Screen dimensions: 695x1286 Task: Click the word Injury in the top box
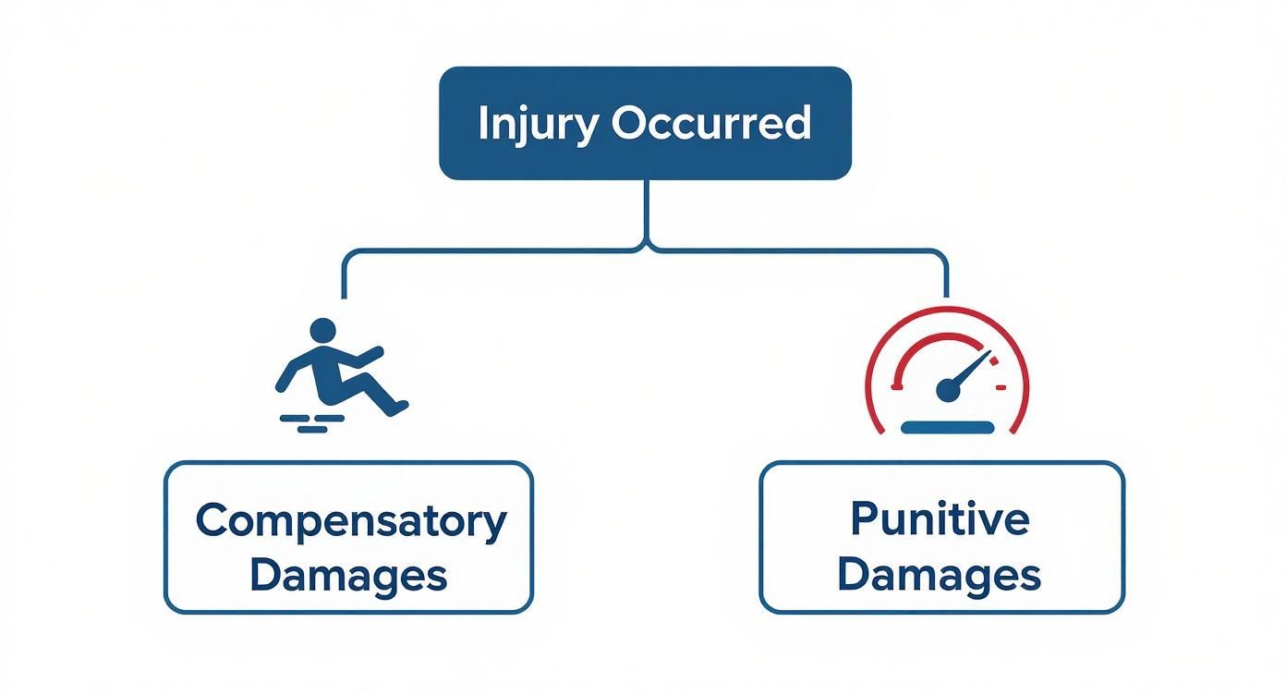(x=536, y=124)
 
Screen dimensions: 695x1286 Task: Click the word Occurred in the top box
(x=712, y=124)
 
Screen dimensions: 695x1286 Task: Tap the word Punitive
(x=940, y=518)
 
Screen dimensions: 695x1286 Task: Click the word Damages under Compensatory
(x=348, y=576)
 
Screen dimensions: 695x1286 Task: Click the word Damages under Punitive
(x=940, y=576)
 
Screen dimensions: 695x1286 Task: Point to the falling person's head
(x=322, y=330)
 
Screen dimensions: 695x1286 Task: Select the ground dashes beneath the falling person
(x=308, y=423)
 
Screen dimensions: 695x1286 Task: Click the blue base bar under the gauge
(x=947, y=427)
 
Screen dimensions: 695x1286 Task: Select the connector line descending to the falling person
(x=344, y=275)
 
